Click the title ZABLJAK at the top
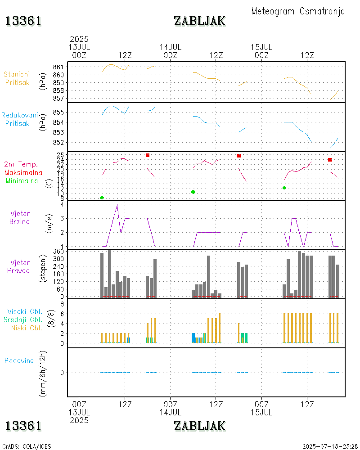tap(199, 21)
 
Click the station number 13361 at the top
tap(23, 21)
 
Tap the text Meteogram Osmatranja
tap(298, 11)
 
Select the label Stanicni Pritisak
tap(18, 78)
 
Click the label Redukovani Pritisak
tap(19, 119)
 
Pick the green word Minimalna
tap(22, 181)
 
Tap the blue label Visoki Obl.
tap(25, 311)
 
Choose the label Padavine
tap(19, 360)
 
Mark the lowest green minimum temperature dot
tap(102, 198)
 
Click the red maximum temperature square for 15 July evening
tap(330, 160)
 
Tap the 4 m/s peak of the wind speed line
tap(117, 204)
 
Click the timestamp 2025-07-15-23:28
tap(330, 446)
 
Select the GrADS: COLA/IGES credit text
tap(27, 446)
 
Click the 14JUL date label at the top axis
tap(171, 47)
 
